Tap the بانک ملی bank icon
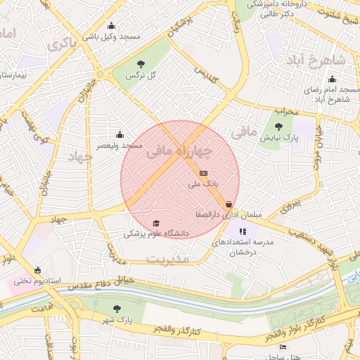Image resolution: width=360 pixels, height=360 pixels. [204, 173]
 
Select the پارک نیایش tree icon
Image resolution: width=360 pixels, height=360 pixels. [279, 127]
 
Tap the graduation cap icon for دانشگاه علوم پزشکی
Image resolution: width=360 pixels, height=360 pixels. [155, 223]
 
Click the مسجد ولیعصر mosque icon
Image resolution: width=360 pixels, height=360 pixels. [120, 135]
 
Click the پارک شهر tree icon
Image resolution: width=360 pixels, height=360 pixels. [117, 309]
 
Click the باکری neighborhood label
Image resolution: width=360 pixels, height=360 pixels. [61, 43]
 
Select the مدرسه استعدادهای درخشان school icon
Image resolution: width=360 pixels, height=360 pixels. [243, 231]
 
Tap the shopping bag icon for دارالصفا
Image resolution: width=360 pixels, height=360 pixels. [229, 205]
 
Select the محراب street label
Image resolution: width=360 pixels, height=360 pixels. [285, 110]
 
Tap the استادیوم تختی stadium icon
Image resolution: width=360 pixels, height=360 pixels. [37, 270]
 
